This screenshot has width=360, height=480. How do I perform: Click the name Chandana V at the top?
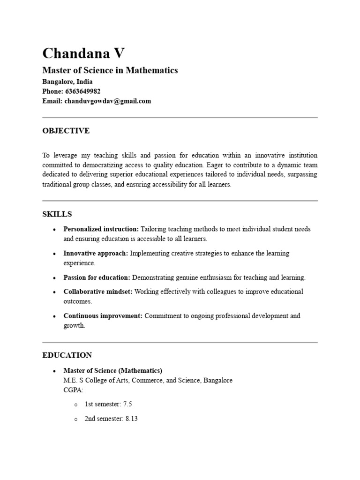[x=83, y=53]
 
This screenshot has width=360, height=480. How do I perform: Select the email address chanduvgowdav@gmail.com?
[x=108, y=101]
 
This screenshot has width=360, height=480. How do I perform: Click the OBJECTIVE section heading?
[x=66, y=131]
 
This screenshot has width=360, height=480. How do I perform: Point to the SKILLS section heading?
[x=57, y=214]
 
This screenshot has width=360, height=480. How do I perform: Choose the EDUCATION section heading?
[x=67, y=355]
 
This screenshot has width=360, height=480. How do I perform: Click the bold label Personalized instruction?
[x=101, y=229]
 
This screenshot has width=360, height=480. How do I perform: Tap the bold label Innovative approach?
[x=96, y=254]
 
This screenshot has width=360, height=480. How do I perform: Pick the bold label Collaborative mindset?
[x=98, y=292]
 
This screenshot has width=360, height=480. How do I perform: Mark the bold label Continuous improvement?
[x=103, y=316]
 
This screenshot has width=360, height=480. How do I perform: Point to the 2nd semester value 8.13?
[x=131, y=419]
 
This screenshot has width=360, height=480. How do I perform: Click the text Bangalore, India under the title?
[x=67, y=82]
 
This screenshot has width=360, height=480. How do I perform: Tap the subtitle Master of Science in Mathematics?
[x=110, y=70]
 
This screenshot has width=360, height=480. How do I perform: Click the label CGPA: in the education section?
[x=73, y=390]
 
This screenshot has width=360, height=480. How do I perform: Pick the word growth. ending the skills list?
[x=75, y=326]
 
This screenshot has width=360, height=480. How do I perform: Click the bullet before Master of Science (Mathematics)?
[x=55, y=371]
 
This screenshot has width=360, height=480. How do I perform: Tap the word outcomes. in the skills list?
[x=78, y=301]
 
